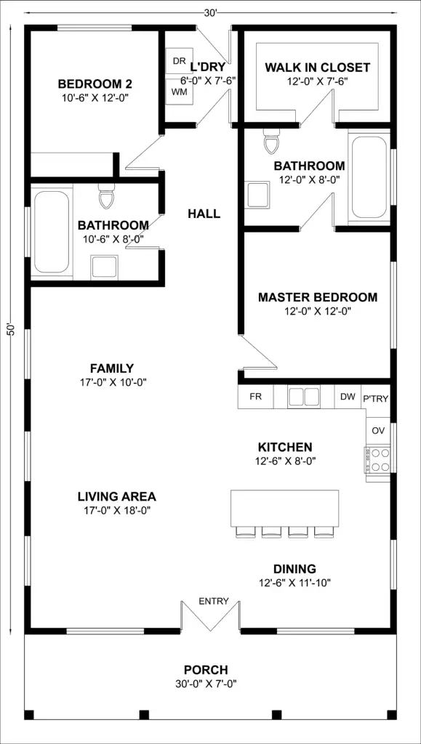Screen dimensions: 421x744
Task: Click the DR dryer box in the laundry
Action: [179, 61]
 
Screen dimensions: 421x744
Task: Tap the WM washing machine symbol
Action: [179, 91]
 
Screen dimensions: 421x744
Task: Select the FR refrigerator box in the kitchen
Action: [255, 397]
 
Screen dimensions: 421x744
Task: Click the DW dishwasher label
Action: [348, 397]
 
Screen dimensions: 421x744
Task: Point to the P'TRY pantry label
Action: [376, 399]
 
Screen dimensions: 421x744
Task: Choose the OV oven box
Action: [378, 431]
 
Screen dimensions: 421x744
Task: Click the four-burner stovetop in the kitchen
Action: [378, 460]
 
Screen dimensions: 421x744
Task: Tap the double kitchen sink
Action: [304, 397]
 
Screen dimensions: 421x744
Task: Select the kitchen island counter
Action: [284, 508]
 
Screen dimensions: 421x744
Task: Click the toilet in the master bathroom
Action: [271, 142]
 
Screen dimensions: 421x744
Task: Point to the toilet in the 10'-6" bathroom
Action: [106, 196]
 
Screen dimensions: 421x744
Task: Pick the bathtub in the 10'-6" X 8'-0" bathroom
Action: [51, 232]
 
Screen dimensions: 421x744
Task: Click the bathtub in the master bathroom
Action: [369, 177]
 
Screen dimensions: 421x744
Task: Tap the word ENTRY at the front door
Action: [214, 602]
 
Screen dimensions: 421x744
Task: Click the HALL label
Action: [204, 214]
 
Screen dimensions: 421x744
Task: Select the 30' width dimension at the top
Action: [211, 13]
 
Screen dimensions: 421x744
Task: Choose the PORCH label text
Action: [206, 670]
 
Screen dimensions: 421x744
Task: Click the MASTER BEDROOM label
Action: [318, 297]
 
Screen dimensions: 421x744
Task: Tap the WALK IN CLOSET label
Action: [317, 68]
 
